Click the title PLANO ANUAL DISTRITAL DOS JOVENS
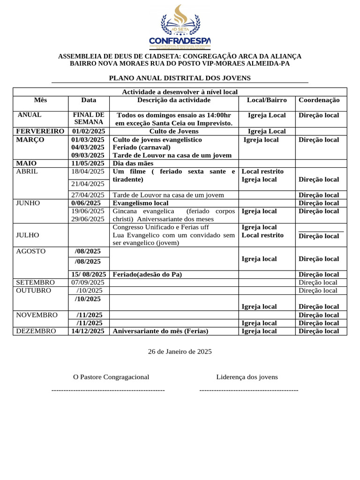(180, 78)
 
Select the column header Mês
(40, 100)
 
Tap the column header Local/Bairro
(267, 100)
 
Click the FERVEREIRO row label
(40, 131)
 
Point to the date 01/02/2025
(88, 131)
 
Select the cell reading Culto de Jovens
(173, 131)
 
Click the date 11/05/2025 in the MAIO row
(88, 163)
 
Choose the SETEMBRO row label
(35, 282)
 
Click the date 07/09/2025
(88, 282)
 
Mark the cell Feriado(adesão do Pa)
(147, 274)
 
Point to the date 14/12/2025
(88, 331)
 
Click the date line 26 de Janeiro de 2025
(180, 351)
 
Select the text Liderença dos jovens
(247, 376)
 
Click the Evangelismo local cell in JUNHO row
(140, 203)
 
